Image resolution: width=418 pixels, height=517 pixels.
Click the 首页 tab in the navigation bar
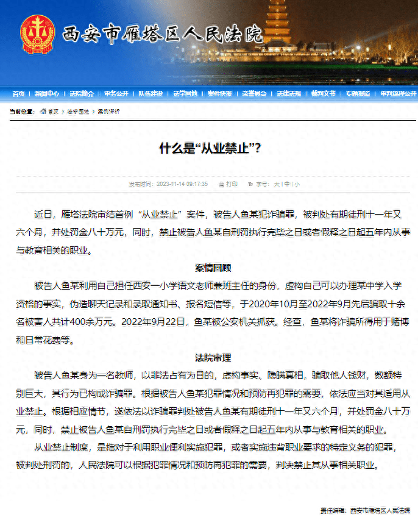point(18,94)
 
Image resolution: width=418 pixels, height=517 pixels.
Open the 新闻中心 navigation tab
point(47,94)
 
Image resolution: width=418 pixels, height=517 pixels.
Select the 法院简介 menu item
point(82,94)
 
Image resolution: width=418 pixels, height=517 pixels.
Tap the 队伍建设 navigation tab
point(151,94)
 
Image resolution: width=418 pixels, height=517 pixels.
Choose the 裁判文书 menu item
point(324,94)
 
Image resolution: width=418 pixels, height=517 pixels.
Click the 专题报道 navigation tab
point(358,94)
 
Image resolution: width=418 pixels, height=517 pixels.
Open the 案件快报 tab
point(219,94)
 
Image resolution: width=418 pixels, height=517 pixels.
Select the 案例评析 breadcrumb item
point(109,112)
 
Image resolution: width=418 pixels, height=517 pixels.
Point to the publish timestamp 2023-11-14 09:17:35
point(182,184)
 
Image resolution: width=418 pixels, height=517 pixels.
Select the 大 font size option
point(277,184)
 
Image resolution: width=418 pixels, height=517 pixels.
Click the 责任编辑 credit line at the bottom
point(365,510)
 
